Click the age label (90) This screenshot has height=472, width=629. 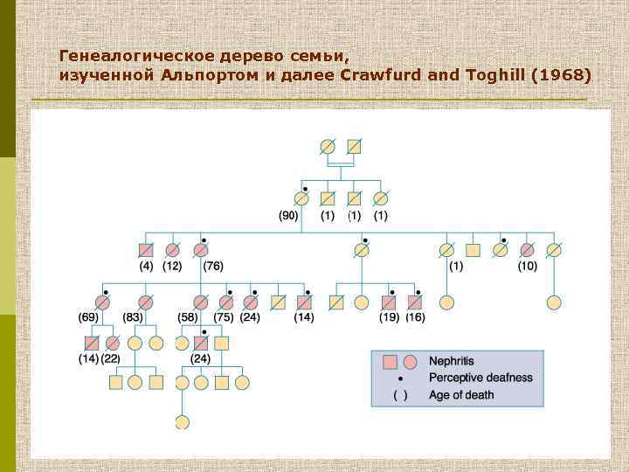(x=288, y=215)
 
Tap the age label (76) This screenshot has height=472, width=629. (x=213, y=266)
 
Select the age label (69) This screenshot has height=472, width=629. (x=87, y=316)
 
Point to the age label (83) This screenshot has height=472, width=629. (x=133, y=316)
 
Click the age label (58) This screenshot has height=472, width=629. (x=187, y=316)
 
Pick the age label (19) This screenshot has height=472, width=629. (x=390, y=316)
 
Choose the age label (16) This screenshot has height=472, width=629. (x=415, y=316)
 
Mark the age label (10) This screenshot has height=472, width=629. (x=527, y=266)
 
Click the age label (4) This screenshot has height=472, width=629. (x=146, y=266)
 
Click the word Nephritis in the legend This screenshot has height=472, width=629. (x=452, y=361)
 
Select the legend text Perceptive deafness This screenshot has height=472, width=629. (x=480, y=378)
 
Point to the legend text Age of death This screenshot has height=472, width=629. (x=461, y=395)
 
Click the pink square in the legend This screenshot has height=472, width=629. (x=391, y=361)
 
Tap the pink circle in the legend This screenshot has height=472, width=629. (x=410, y=361)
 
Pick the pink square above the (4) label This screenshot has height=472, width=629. (x=146, y=250)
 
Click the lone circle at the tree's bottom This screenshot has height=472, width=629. (x=182, y=422)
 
